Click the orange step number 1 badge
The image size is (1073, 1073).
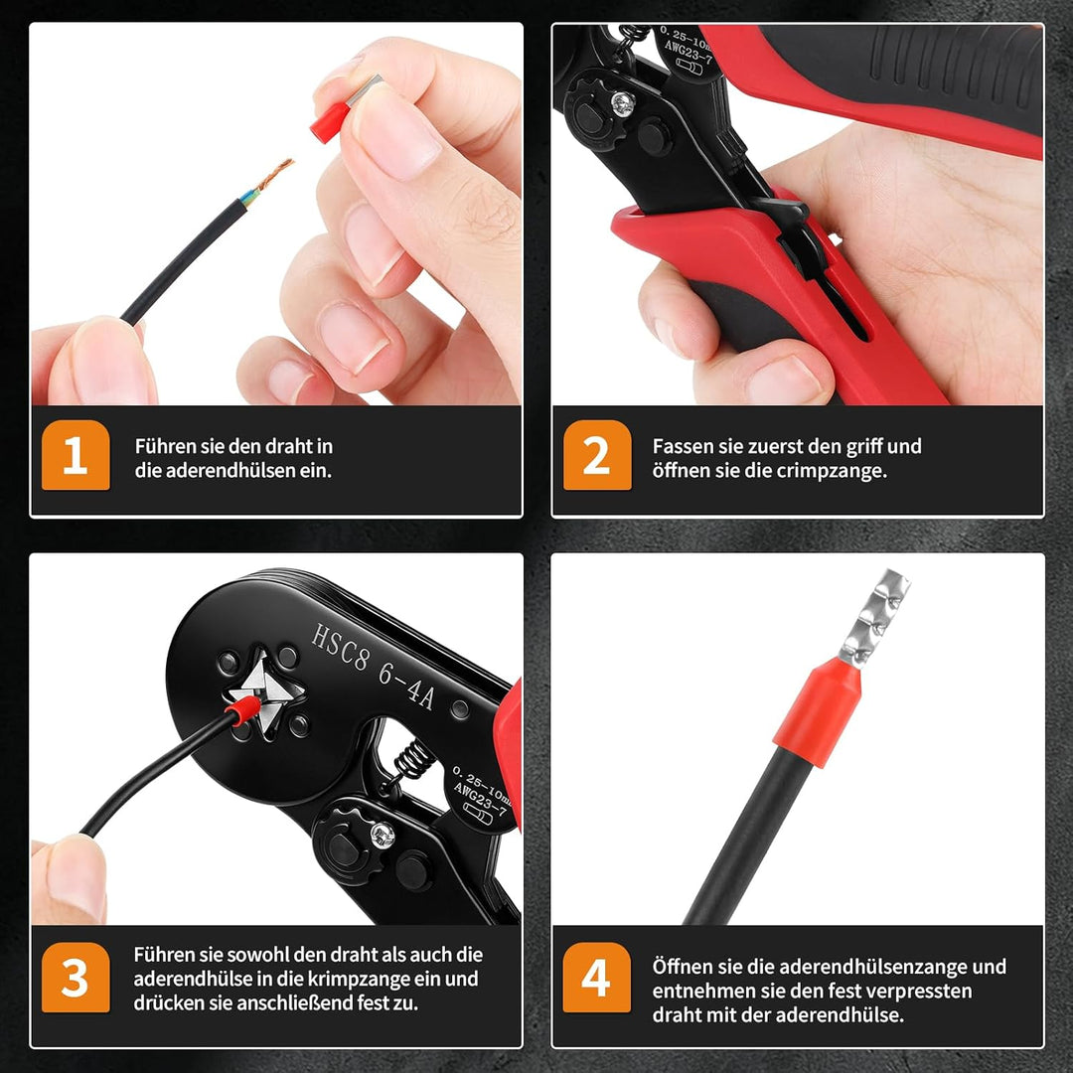pos(76,455)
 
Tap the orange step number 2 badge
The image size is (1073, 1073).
pos(597,455)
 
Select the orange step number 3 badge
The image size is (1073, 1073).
pos(76,978)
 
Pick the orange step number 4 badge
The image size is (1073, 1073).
pos(597,978)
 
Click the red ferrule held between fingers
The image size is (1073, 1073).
pos(330,122)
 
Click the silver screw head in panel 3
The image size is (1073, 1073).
pos(382,835)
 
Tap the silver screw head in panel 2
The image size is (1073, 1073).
pos(623,103)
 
